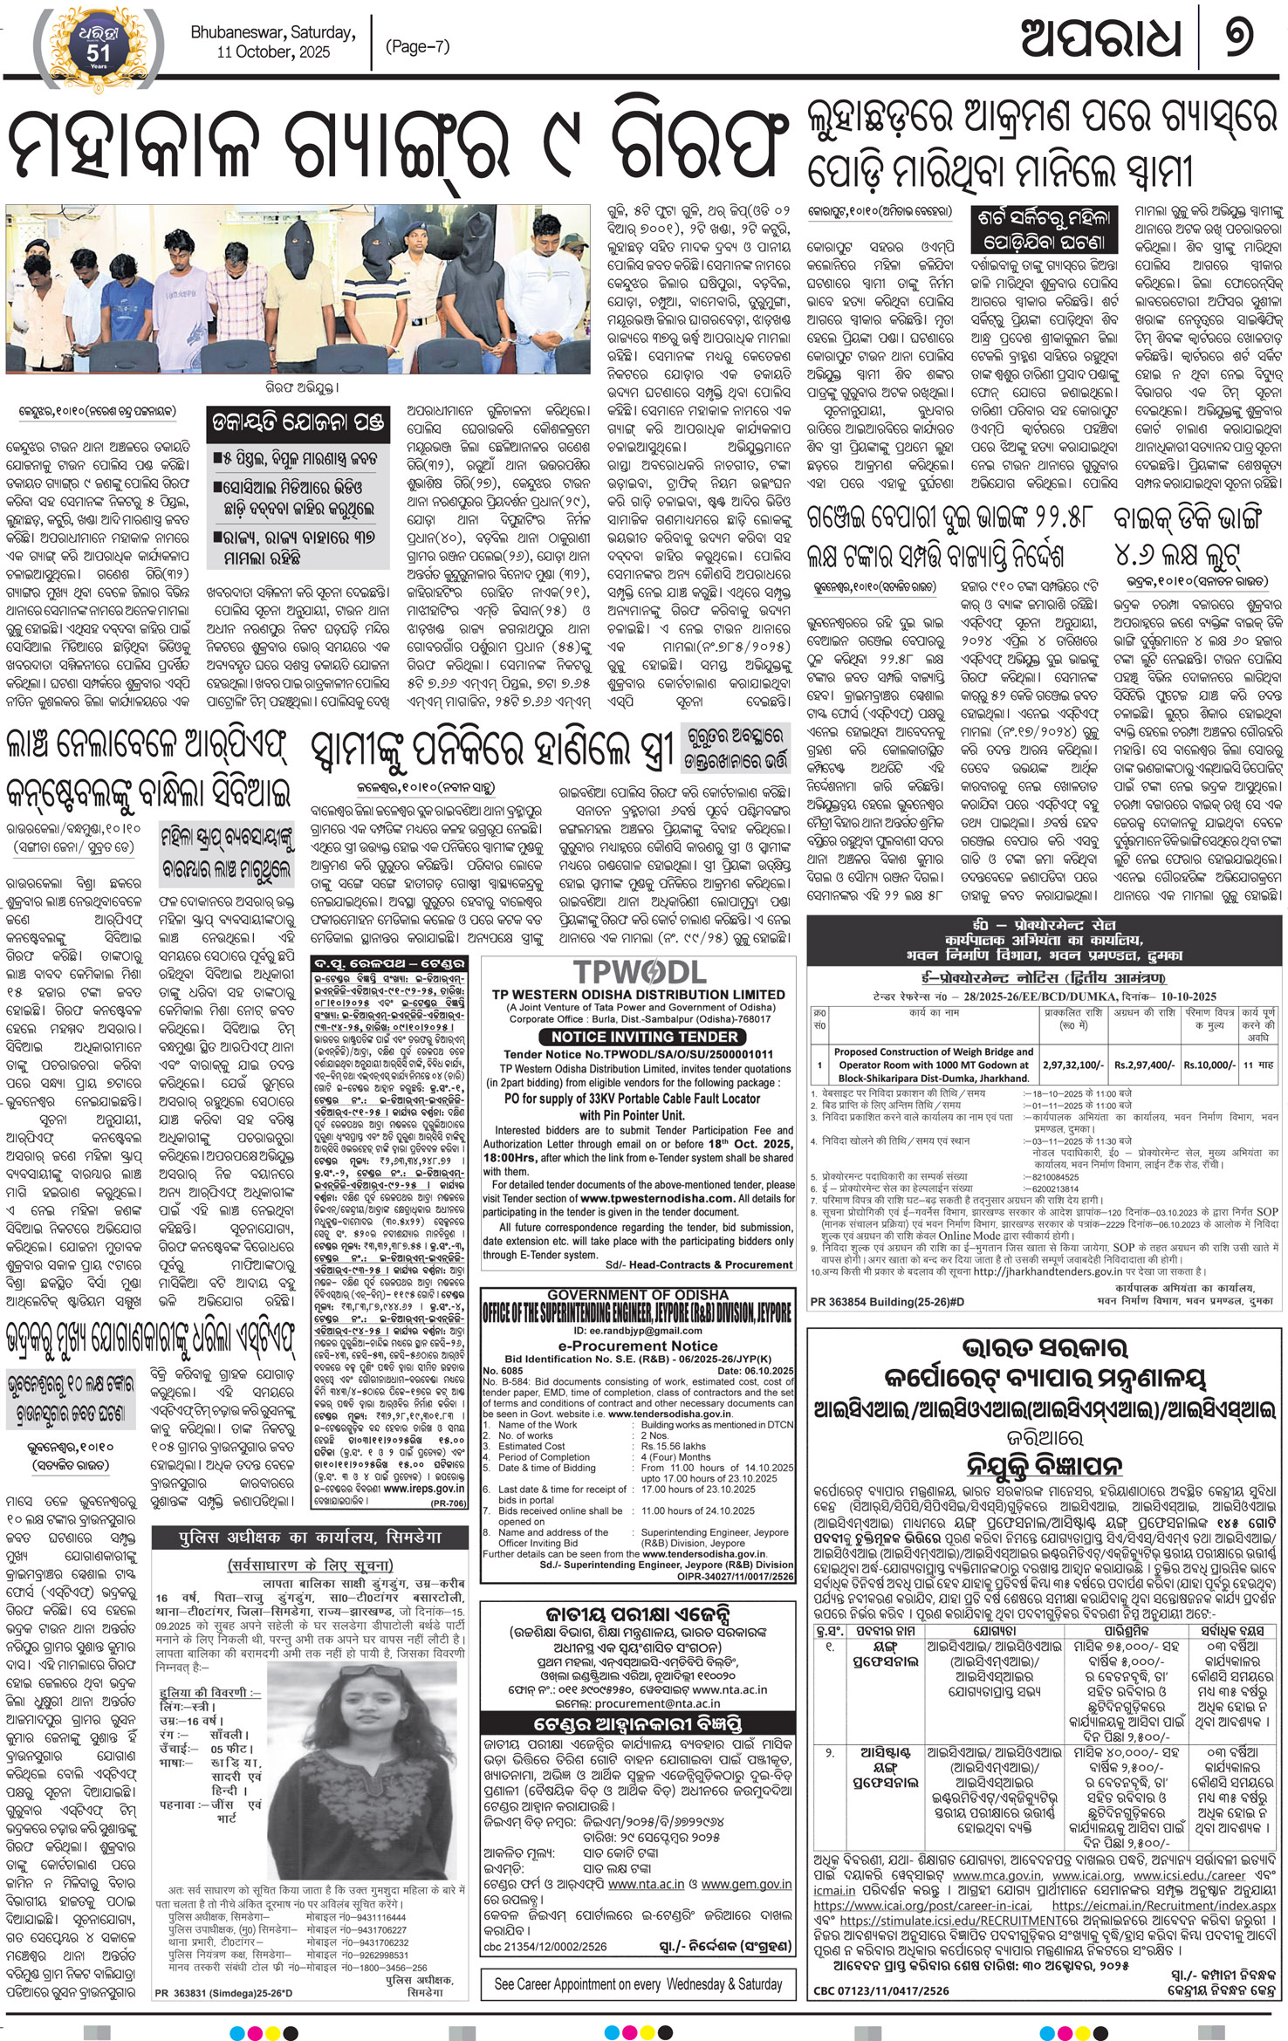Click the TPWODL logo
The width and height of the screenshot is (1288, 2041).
[x=639, y=971]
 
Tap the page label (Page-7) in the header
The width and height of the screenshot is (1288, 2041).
[x=417, y=46]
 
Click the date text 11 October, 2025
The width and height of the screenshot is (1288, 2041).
[x=273, y=52]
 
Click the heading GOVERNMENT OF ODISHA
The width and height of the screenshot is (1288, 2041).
[x=638, y=1294]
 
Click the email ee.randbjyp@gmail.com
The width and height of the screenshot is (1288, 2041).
[x=638, y=1332]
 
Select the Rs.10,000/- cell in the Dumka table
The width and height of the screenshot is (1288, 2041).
[x=1209, y=1065]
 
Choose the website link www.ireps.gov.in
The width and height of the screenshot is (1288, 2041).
[x=424, y=1489]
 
